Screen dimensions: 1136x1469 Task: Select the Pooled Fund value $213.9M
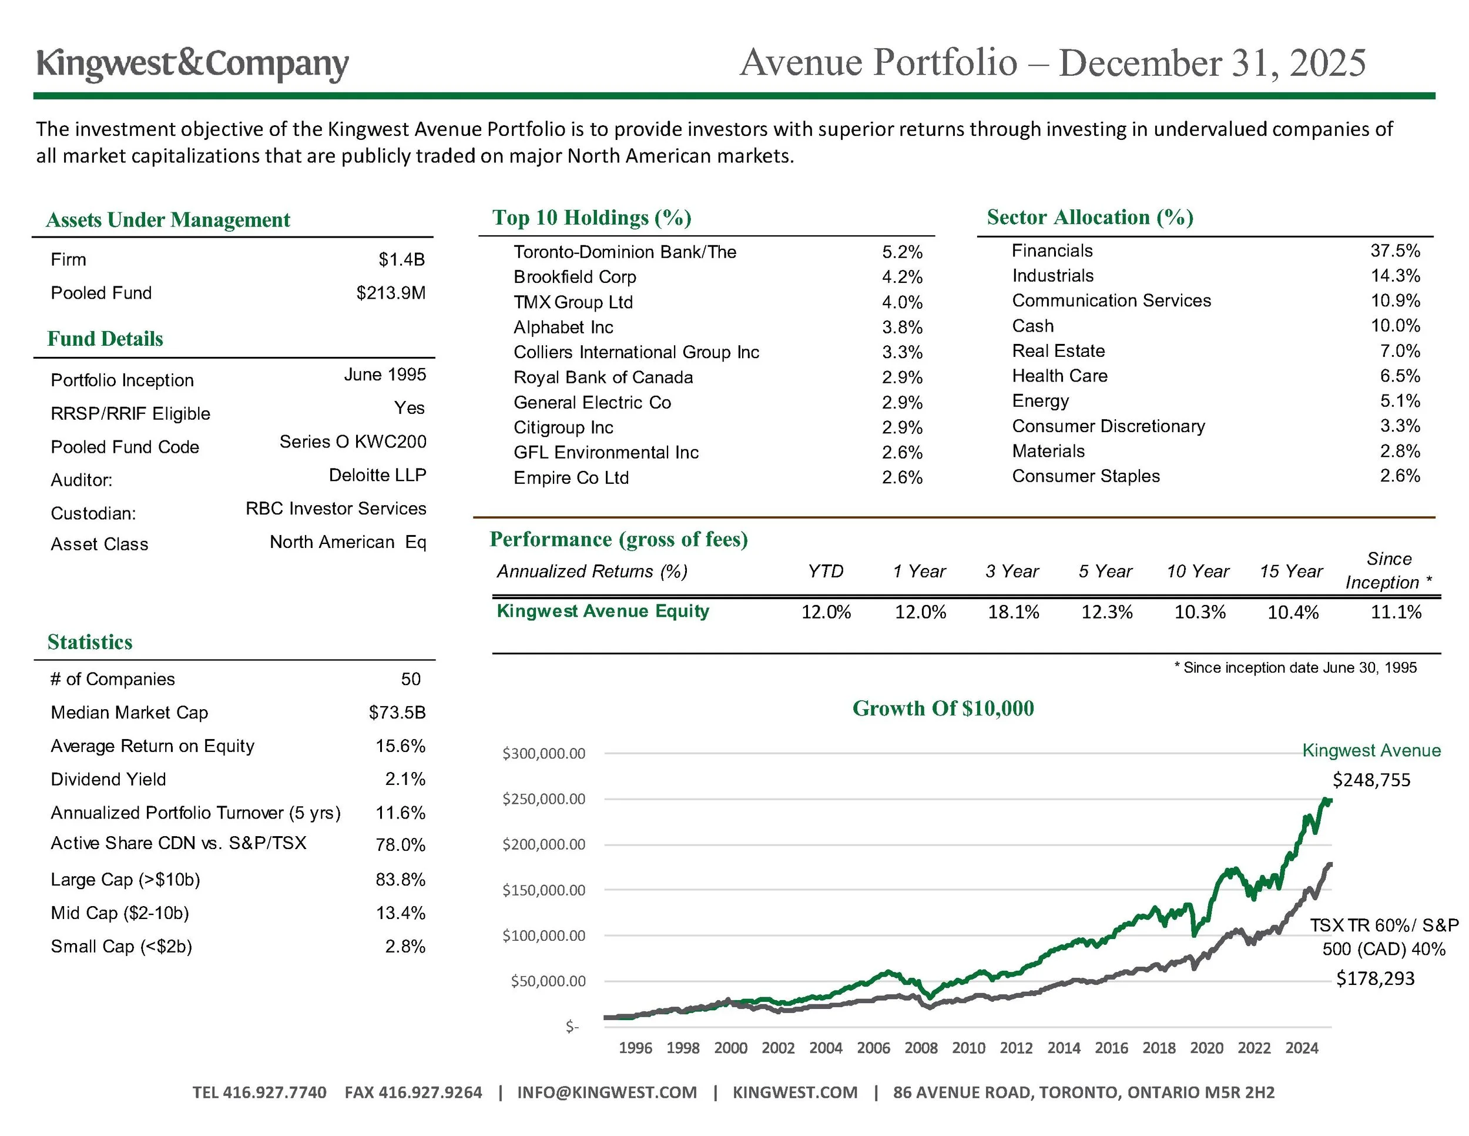click(391, 293)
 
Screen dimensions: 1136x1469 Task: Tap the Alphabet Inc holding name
click(563, 327)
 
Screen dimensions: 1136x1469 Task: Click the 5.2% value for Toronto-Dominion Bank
click(902, 252)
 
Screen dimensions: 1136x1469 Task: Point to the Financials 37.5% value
click(1395, 251)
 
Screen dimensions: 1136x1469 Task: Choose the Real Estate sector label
click(1058, 350)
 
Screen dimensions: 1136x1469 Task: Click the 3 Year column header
click(1012, 572)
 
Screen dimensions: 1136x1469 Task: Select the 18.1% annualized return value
click(1013, 612)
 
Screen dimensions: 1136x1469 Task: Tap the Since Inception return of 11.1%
click(1396, 612)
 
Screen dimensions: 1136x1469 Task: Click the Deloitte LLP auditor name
click(377, 475)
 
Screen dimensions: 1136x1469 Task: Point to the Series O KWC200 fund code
click(353, 442)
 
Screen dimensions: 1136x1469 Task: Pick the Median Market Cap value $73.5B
click(397, 712)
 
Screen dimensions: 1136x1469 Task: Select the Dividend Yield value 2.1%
click(405, 779)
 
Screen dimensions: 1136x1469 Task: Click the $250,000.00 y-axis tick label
click(544, 799)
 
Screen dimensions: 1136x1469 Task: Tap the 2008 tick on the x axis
click(921, 1048)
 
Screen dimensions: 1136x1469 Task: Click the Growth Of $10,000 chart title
click(943, 708)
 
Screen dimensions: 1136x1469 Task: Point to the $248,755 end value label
click(1371, 780)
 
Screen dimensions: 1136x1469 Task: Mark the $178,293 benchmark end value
click(1375, 978)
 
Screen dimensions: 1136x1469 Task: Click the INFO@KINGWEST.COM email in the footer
click(607, 1092)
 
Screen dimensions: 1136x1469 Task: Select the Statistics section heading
click(90, 642)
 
